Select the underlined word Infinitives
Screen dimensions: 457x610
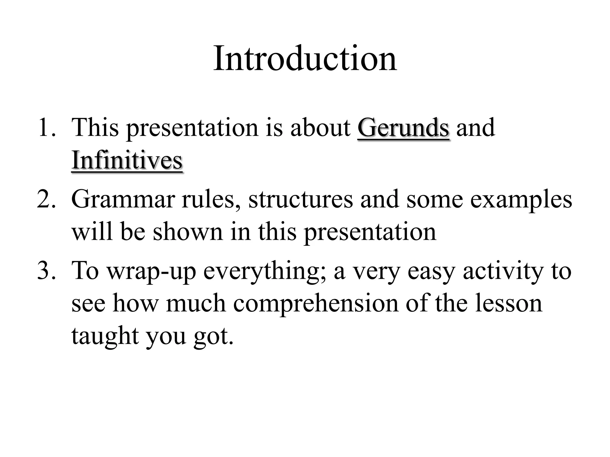[127, 160]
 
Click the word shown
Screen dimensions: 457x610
[188, 232]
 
